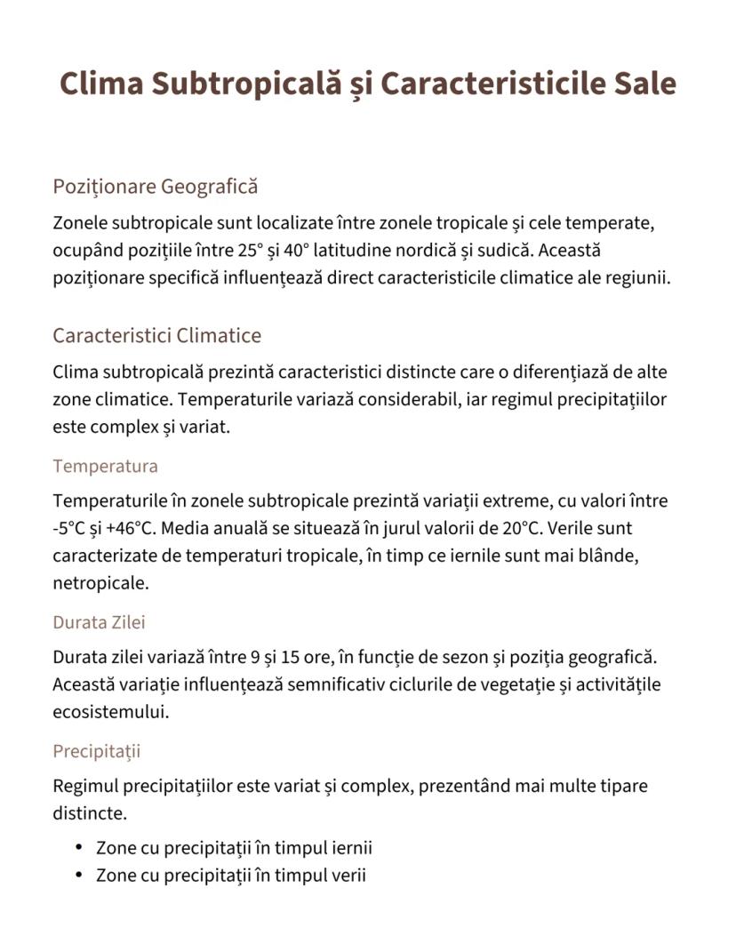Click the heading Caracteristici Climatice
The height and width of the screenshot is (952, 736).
[156, 336]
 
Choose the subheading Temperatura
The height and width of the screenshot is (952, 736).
[105, 466]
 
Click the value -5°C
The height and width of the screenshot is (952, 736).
[69, 529]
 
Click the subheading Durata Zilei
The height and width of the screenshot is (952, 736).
[99, 622]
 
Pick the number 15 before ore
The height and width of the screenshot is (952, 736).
[290, 658]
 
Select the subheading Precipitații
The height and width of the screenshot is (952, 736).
[96, 751]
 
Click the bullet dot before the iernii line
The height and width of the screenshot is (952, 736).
[79, 847]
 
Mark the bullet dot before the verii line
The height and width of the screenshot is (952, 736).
[79, 876]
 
